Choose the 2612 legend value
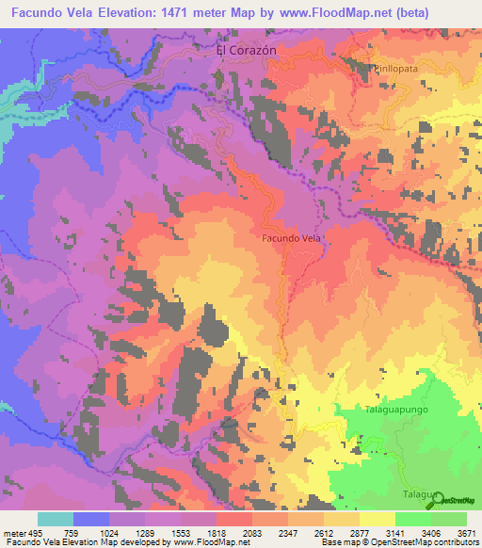coord(323,532)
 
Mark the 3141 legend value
coord(395,532)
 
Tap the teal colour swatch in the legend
coord(56,519)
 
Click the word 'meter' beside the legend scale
coord(12,532)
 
